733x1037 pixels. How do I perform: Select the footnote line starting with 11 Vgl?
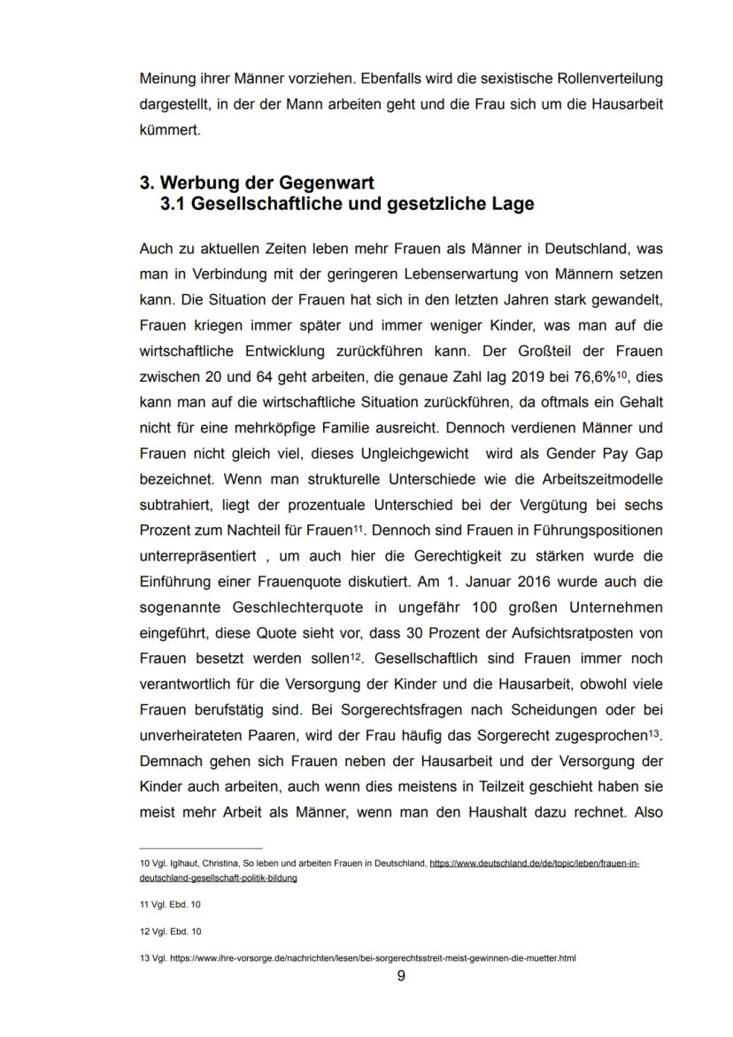tap(170, 905)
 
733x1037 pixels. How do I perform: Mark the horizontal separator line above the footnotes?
tap(201, 848)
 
